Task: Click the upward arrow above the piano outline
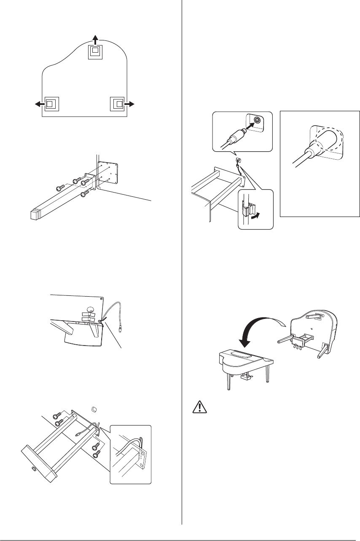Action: point(95,40)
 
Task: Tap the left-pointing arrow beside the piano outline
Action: point(38,104)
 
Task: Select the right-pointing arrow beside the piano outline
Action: point(131,104)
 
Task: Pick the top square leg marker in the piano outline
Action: point(95,52)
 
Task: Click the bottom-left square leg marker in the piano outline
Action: point(50,104)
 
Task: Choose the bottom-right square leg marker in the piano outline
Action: point(118,104)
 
